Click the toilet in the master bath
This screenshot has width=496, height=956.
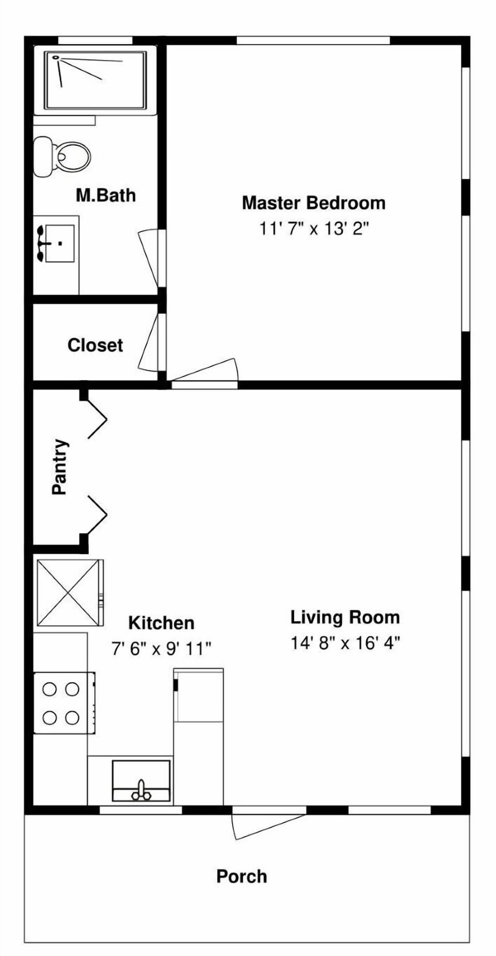coord(65,156)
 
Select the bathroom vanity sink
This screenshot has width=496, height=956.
coord(58,243)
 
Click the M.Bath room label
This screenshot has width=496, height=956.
coord(106,195)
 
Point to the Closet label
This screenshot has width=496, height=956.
coord(95,345)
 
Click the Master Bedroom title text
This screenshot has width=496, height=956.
coord(314,203)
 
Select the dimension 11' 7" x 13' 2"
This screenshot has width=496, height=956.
coord(314,228)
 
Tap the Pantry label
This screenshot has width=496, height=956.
coord(59,467)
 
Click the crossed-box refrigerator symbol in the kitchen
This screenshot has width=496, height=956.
coord(68,593)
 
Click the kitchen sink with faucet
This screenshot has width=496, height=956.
coord(141,780)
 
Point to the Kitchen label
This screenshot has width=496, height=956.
coord(161,623)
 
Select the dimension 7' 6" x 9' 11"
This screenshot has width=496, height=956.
coord(161,648)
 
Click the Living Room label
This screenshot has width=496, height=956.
coord(345,617)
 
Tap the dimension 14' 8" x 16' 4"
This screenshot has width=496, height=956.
coord(345,643)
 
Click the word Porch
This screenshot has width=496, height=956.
coord(241,876)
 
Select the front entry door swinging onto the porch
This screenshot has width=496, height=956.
coord(263,825)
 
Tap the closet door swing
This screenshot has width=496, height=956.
coord(150,344)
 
